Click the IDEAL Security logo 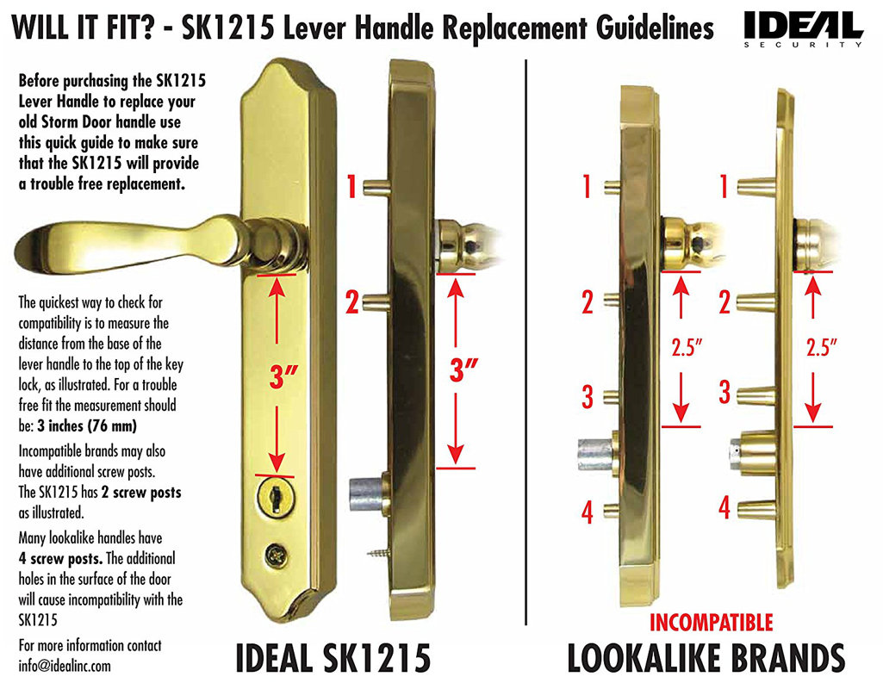coord(803,28)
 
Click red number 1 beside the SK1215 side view coord(351,187)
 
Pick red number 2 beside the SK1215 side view coord(351,303)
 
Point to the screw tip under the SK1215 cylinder coord(377,548)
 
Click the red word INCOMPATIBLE coord(711,622)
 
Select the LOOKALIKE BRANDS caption coord(706,658)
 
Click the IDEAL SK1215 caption coord(333,659)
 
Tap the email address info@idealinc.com coord(65,666)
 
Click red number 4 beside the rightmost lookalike coord(724,507)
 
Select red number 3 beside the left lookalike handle coord(588,397)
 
